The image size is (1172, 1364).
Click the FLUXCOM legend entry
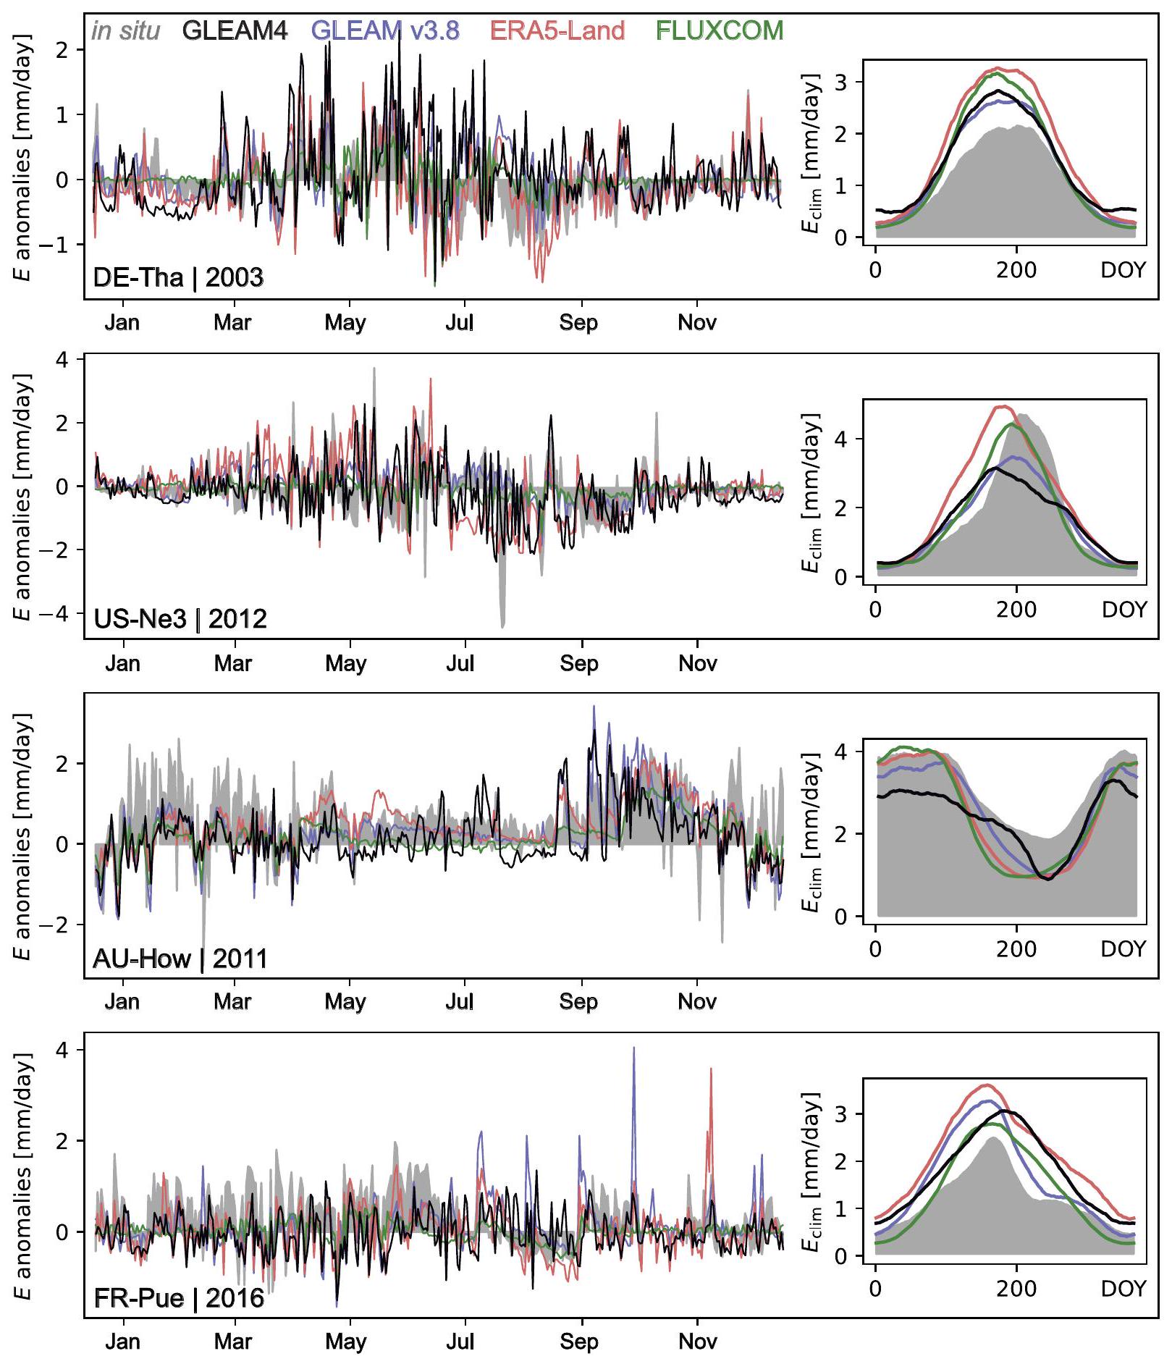(x=719, y=30)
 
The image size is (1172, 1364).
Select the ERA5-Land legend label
(x=557, y=30)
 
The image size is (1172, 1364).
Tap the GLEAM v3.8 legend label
(x=385, y=30)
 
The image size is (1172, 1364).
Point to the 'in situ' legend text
(x=126, y=30)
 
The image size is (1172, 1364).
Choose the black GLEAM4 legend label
(x=235, y=30)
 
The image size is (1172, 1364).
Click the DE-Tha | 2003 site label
(x=178, y=277)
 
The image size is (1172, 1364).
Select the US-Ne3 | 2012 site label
(x=180, y=619)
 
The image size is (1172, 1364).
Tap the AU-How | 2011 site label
(x=180, y=959)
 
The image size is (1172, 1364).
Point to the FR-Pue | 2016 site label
(x=179, y=1297)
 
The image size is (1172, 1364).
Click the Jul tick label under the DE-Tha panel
(x=460, y=322)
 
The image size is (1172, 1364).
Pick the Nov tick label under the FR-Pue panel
(x=698, y=1342)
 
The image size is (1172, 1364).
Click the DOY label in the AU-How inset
(x=1123, y=948)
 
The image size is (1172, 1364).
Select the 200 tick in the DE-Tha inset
(x=1016, y=270)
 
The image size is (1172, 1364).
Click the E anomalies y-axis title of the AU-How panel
(x=23, y=836)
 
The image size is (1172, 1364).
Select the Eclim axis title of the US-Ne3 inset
(x=811, y=492)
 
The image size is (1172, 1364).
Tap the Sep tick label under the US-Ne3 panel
(x=578, y=663)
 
